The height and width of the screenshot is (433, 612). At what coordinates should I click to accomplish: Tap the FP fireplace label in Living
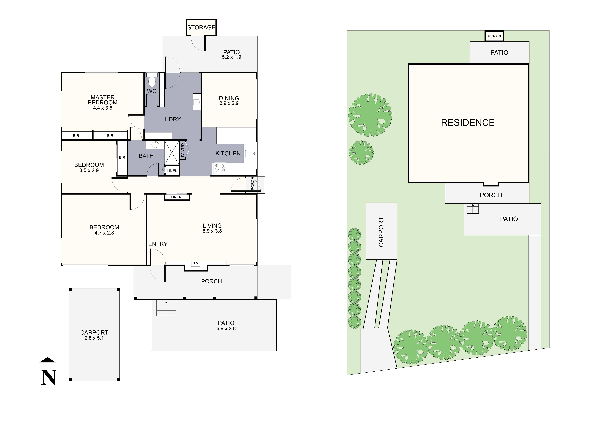(x=196, y=264)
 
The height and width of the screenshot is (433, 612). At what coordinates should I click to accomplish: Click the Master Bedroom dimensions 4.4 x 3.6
(x=103, y=108)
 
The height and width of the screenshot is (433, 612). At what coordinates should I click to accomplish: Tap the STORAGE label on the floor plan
(x=201, y=27)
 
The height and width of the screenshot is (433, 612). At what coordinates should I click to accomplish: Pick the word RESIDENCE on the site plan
(x=468, y=123)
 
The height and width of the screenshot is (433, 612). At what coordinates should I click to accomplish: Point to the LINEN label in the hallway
(x=176, y=197)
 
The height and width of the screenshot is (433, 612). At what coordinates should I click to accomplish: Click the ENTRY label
(x=158, y=244)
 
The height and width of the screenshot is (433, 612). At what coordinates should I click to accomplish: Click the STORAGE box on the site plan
(x=494, y=36)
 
